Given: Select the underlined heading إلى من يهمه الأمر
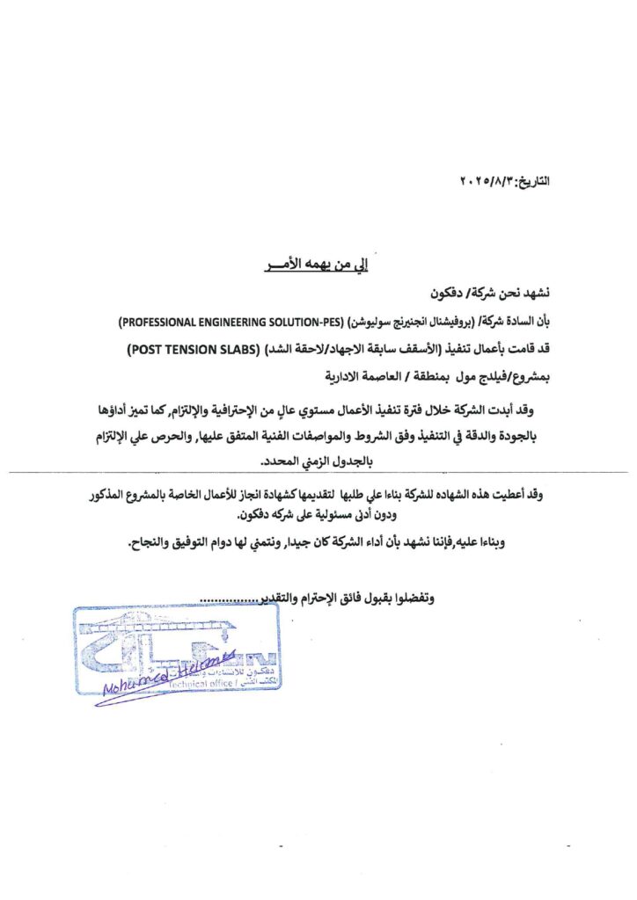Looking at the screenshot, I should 317,263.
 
